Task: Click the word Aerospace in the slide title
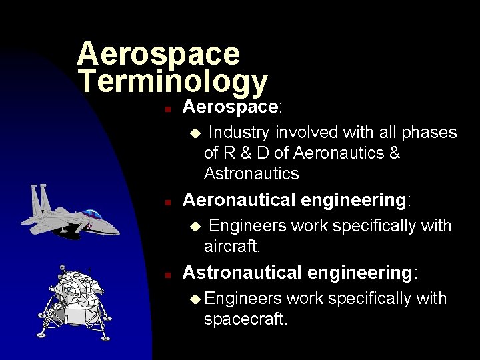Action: click(x=158, y=53)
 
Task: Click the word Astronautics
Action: click(x=251, y=174)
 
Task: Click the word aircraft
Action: click(x=231, y=247)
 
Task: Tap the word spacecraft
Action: click(x=245, y=319)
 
